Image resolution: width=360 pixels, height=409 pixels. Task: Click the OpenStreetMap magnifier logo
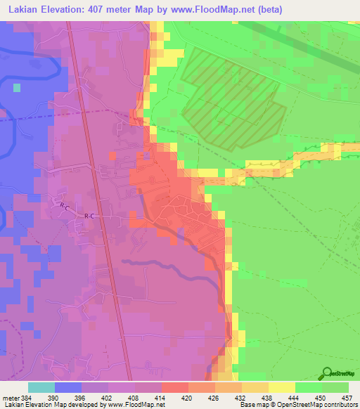[x=326, y=372]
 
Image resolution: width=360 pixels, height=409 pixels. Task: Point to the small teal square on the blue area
[x=16, y=88]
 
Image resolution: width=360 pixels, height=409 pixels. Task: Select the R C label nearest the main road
[x=89, y=216]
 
